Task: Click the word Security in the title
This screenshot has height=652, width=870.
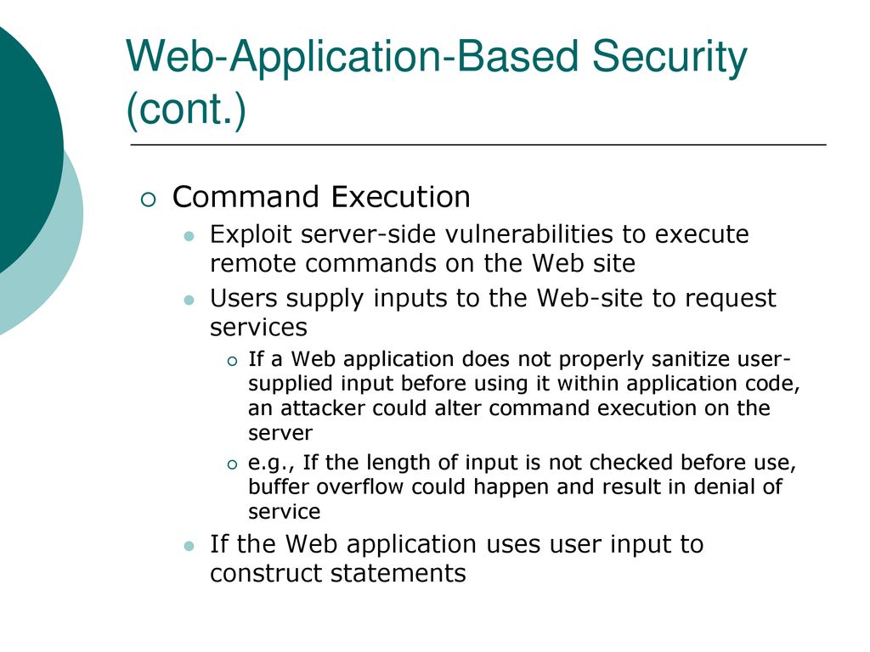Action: click(669, 58)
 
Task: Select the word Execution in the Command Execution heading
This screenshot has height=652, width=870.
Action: click(401, 197)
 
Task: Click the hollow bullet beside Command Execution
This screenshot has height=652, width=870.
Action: click(148, 199)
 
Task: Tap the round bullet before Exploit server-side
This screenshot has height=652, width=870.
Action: click(189, 236)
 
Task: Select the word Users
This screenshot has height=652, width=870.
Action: click(243, 298)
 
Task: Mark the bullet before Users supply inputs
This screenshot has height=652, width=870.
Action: click(189, 301)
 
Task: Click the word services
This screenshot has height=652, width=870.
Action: click(258, 328)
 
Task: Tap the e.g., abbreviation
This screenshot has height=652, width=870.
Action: click(271, 463)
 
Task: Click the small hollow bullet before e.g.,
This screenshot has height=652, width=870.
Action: click(232, 464)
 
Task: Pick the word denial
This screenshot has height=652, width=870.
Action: click(720, 486)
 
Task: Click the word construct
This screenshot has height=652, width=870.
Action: click(266, 573)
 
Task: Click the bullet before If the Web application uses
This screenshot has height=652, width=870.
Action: click(189, 547)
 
